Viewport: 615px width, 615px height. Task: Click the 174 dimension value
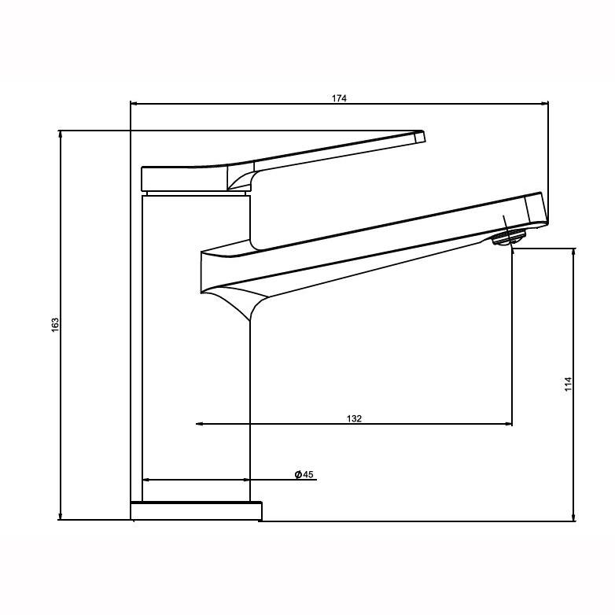point(339,98)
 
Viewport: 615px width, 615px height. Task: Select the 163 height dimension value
point(55,324)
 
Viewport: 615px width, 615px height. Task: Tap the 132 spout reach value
point(354,418)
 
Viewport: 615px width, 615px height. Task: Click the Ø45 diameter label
point(304,474)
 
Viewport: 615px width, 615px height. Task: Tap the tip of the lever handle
point(420,137)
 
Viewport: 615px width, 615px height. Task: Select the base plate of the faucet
point(196,511)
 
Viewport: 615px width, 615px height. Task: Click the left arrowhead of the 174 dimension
point(134,103)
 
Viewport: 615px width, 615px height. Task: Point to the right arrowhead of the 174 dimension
point(544,103)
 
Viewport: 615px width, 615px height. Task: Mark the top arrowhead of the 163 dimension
point(61,134)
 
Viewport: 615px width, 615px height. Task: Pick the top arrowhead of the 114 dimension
point(574,252)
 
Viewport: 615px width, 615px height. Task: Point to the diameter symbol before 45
point(299,474)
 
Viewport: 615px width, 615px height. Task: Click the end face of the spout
point(536,209)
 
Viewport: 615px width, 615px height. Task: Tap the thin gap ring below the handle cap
point(196,192)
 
